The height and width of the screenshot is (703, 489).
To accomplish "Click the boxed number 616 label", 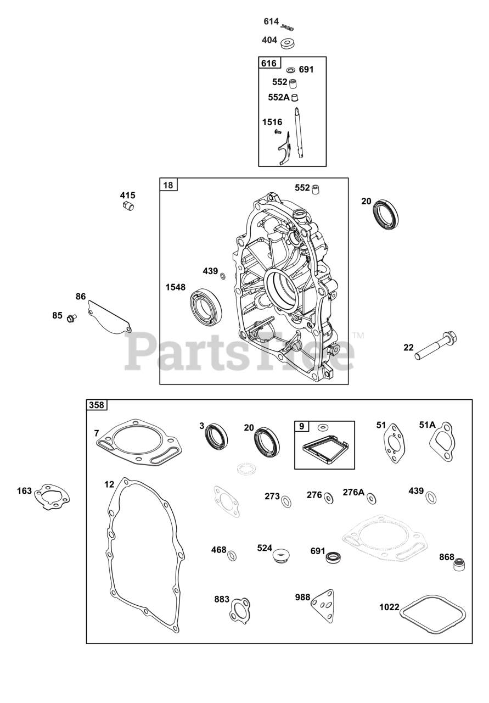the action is point(269,63).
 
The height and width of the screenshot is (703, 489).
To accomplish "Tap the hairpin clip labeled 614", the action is point(288,26).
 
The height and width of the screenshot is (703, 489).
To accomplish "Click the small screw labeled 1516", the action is point(279,132).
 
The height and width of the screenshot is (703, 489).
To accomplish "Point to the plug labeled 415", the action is point(129,206).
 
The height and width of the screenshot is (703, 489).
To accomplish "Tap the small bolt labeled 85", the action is point(71,317).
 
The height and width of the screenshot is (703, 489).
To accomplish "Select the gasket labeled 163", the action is point(53,496).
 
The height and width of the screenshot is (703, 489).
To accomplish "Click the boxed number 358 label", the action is point(97,405).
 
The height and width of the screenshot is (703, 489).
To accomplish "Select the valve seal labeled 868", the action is point(459,562).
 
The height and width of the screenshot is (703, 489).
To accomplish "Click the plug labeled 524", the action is point(280,554).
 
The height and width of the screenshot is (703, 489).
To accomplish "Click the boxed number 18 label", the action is point(168,185).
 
